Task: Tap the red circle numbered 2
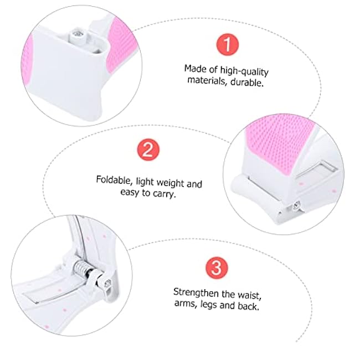click(148, 150)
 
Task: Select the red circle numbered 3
click(216, 268)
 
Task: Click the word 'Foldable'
click(114, 180)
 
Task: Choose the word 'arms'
click(185, 305)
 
